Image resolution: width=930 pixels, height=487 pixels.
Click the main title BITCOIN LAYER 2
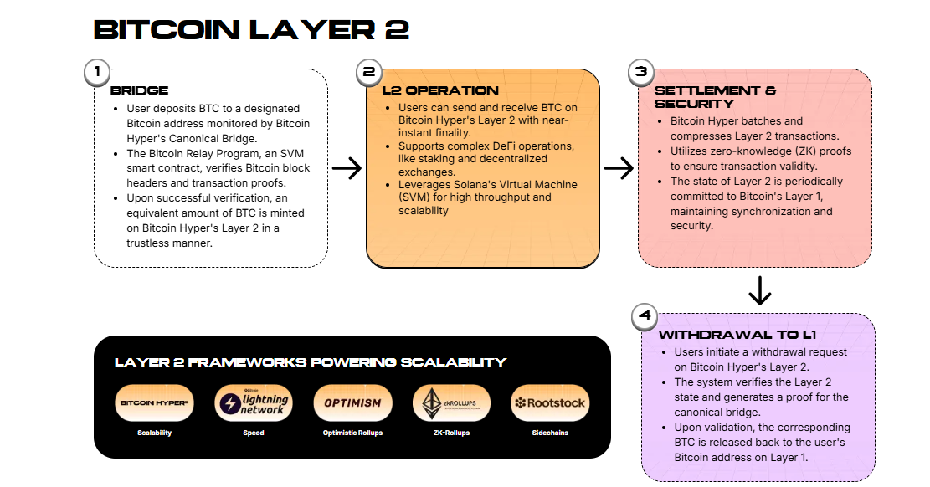coord(251,29)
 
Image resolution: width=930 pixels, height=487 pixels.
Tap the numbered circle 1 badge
coord(97,72)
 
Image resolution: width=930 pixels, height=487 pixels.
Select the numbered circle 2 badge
coord(368,72)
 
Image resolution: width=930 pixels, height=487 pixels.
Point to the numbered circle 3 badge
coord(640,72)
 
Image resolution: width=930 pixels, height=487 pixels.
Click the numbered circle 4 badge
coord(644,316)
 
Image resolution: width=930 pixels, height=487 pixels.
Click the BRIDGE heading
coord(139,90)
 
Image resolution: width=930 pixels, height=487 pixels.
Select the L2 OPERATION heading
coord(439,90)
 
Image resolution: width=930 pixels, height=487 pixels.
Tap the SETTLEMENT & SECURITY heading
coord(715,97)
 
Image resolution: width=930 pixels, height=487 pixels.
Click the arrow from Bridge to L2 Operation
coord(347,168)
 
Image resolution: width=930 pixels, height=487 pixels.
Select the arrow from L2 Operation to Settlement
coord(619,168)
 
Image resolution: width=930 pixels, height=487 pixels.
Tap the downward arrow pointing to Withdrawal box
coord(758,290)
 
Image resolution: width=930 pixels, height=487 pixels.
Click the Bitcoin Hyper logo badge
coord(154,403)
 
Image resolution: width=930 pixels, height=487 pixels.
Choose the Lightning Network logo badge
coord(254,403)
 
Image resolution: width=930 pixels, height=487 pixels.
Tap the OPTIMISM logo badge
coord(352,403)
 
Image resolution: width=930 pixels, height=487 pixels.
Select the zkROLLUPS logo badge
coord(452,403)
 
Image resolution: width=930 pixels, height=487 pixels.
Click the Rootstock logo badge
coord(551,403)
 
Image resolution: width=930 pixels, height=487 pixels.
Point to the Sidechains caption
coord(551,433)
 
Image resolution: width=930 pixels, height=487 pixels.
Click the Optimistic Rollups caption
coord(352,433)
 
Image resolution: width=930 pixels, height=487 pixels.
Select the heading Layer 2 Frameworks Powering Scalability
coord(310,362)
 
